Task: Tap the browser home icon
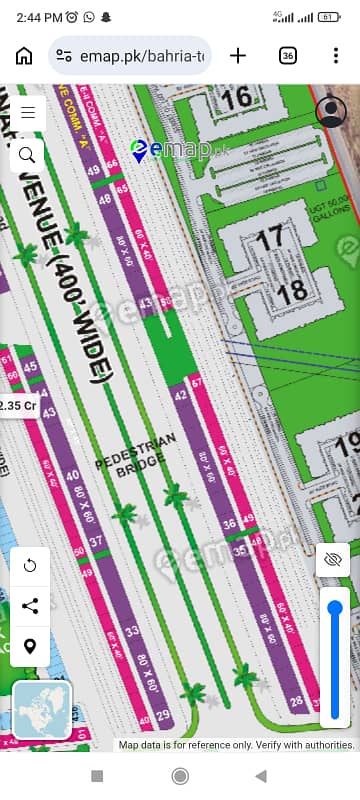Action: point(24,56)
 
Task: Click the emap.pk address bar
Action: point(130,56)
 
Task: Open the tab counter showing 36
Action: point(288,56)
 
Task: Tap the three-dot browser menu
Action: point(335,56)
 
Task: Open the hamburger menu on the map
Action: point(27,112)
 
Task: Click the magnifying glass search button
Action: point(27,154)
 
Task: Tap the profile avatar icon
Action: point(331,112)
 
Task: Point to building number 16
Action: point(238,98)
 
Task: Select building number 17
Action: point(269,239)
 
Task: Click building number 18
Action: point(291,292)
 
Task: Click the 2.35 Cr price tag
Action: point(17,406)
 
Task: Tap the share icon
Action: point(30,606)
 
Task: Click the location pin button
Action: point(30,646)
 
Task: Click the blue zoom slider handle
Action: point(335,608)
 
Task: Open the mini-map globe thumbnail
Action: point(42,709)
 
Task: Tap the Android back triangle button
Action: point(261,776)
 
